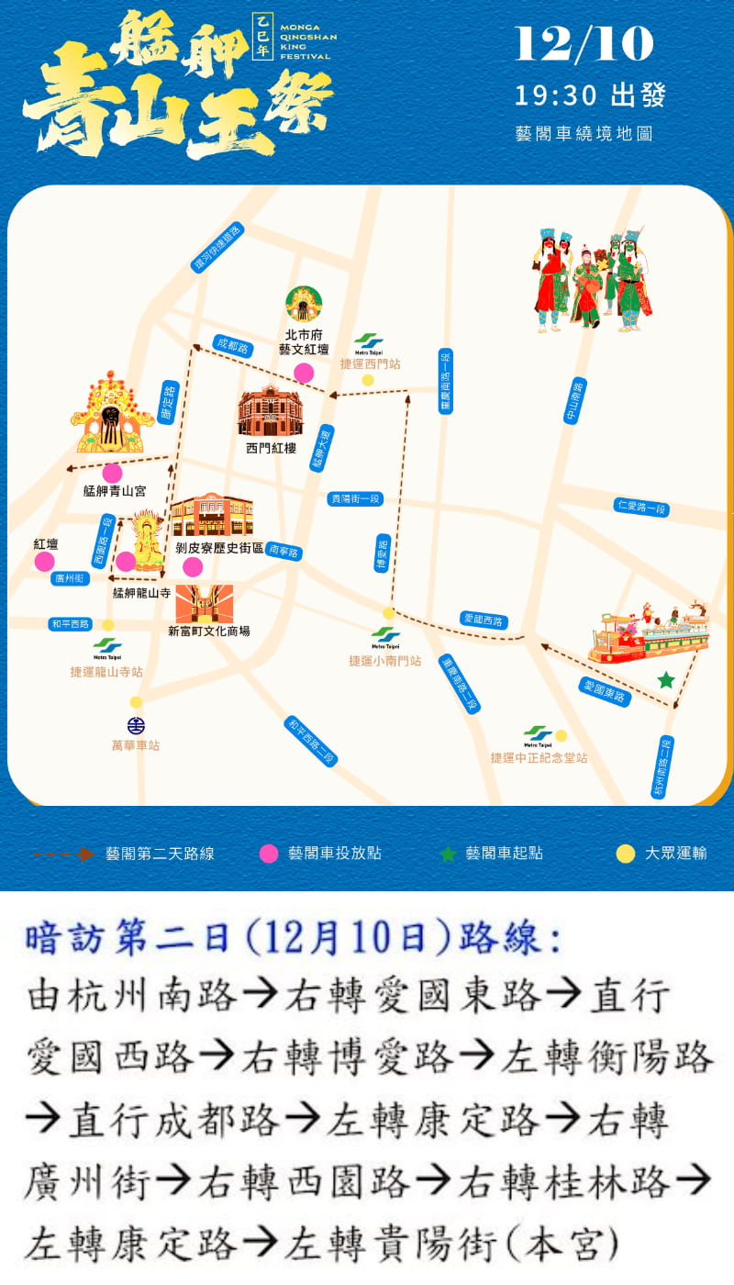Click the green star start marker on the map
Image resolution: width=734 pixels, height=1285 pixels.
coord(666,680)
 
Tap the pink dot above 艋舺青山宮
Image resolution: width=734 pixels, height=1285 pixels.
coord(112,473)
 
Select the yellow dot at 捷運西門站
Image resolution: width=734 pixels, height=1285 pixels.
coord(368,380)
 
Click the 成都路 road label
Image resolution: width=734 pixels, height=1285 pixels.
coord(231,346)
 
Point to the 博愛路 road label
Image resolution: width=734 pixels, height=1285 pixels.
coord(384,553)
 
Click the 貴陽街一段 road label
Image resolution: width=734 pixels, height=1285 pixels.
coord(355,498)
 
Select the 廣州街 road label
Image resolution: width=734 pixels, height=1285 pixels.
coord(70,578)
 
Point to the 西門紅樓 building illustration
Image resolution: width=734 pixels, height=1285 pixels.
coord(270,412)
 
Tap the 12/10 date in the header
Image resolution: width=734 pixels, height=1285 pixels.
coord(584,44)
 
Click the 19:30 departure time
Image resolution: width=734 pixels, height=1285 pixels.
coord(556,95)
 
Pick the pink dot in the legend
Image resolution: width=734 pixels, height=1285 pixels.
coord(268,854)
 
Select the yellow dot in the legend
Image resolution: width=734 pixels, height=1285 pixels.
coord(625,854)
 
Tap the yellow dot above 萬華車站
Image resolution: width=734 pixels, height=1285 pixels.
coord(136,702)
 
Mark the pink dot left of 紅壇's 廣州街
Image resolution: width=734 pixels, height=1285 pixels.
coord(44,562)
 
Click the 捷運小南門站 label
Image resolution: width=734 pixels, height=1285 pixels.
coord(384,661)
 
